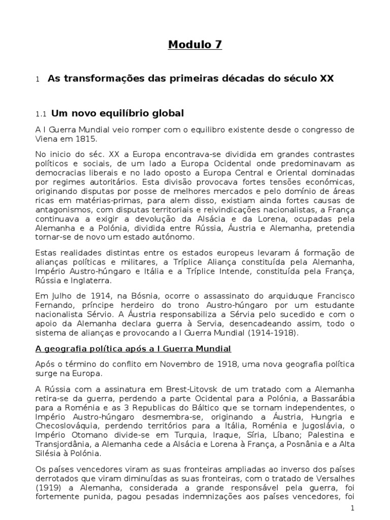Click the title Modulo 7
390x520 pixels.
[x=195, y=45]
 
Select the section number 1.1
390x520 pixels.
[x=41, y=114]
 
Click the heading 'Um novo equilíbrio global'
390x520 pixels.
[x=116, y=113]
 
